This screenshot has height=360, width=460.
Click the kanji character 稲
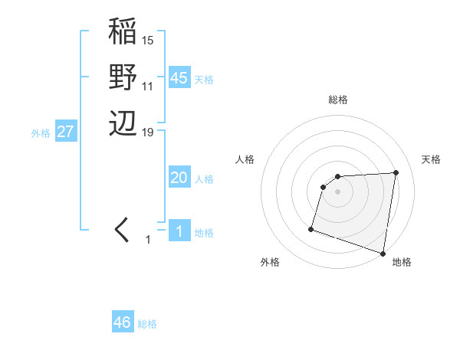(123, 33)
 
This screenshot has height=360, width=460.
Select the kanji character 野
(123, 77)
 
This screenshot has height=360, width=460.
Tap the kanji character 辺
(123, 123)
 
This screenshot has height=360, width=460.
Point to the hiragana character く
(123, 230)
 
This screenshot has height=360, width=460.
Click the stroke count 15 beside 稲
(148, 40)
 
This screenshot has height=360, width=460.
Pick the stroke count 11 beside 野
(148, 86)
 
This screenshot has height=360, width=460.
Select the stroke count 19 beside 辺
(148, 132)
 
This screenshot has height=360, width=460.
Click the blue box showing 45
(179, 78)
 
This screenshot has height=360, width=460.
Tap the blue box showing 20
(179, 178)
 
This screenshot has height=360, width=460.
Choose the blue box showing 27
(65, 132)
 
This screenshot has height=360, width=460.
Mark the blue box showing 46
(122, 322)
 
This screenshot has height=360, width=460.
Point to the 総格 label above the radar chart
(338, 100)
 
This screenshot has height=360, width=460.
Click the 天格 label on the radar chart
(431, 159)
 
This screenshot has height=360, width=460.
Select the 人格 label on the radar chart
(245, 159)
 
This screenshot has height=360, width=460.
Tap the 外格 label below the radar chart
(270, 262)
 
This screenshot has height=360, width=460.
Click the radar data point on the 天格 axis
(396, 172)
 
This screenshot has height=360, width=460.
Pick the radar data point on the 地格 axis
(383, 252)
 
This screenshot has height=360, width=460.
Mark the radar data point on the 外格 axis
(311, 228)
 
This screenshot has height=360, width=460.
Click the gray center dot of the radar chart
(337, 191)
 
